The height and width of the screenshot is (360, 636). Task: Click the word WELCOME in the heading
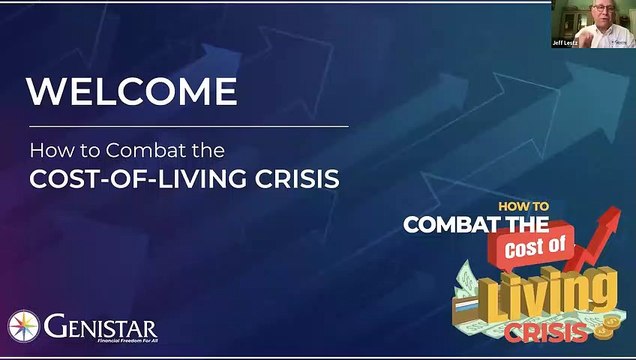[x=132, y=92]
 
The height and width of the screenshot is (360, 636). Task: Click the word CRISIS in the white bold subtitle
[x=301, y=179]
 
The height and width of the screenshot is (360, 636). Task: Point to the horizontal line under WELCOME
[x=188, y=126]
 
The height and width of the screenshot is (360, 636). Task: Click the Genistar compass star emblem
[x=24, y=327]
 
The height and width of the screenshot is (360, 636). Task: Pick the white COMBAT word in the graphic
[x=447, y=225]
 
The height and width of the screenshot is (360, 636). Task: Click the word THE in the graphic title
[x=522, y=225]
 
